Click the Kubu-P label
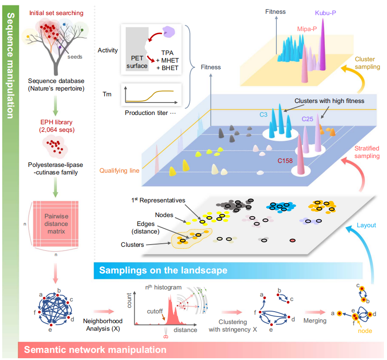[325, 13]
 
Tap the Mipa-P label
[307, 29]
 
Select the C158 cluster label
[285, 161]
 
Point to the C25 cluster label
[307, 119]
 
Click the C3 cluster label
[263, 115]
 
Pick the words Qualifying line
[119, 170]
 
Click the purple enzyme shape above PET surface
[168, 32]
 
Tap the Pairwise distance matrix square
[56, 224]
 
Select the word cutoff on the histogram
[155, 312]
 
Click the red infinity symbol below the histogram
[166, 337]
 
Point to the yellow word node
[365, 331]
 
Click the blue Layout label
[366, 225]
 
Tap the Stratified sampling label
[367, 152]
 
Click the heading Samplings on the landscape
[163, 270]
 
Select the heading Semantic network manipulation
[95, 350]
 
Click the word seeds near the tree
[75, 57]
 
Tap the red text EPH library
[56, 122]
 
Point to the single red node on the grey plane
[292, 241]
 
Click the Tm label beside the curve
[107, 94]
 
